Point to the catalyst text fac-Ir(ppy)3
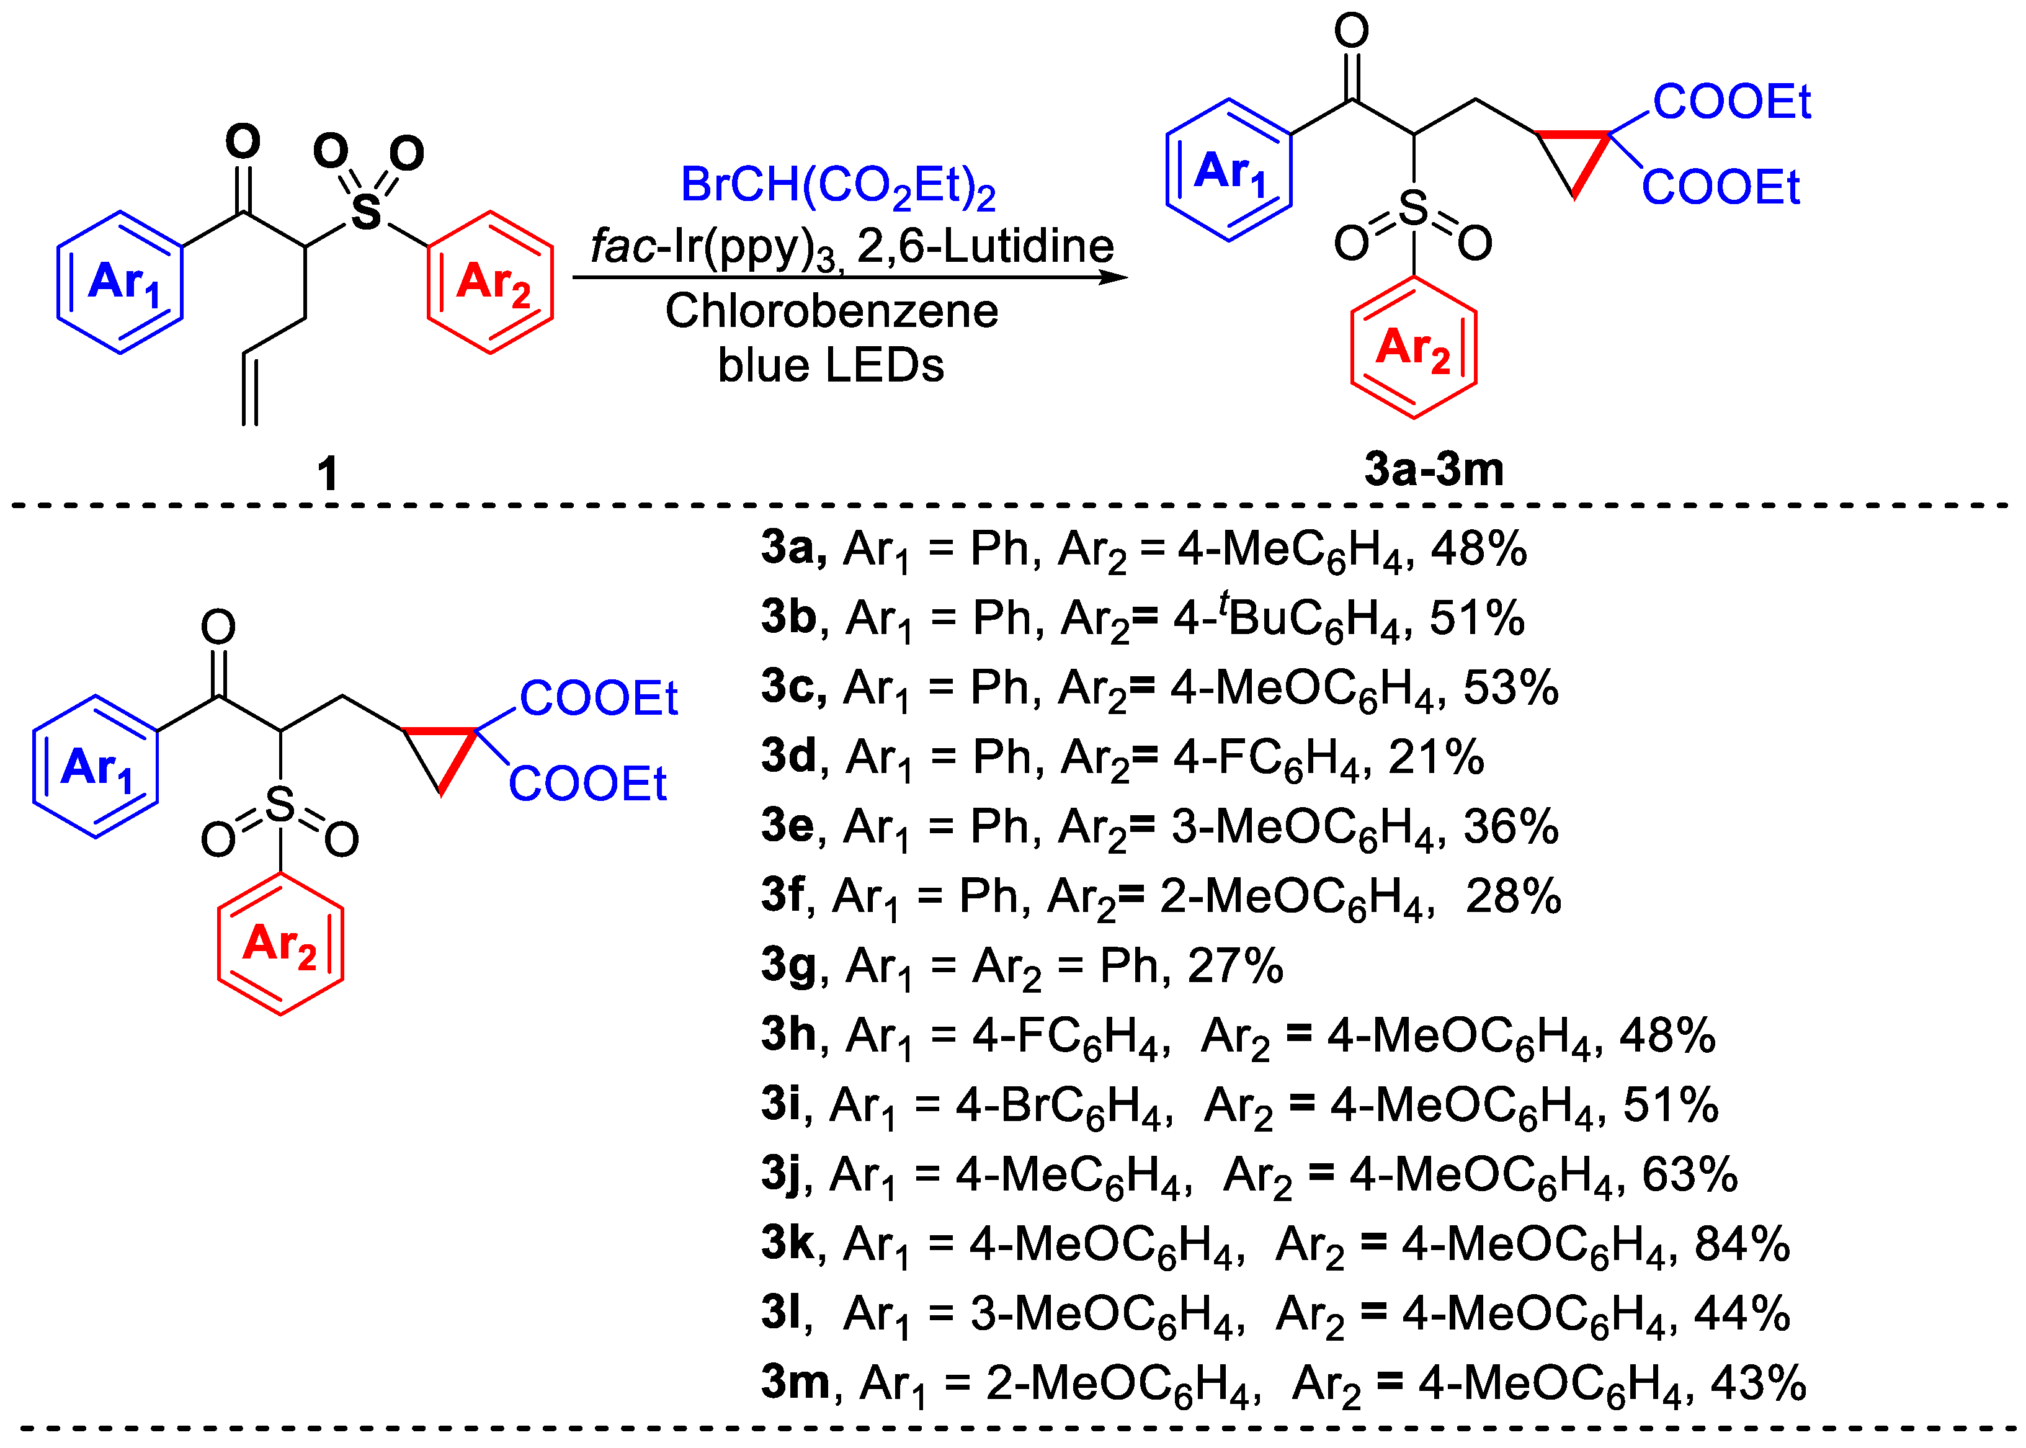pos(713,247)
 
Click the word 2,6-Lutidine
pos(985,246)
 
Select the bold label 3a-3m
pos(1434,469)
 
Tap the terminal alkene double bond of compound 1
pos(251,390)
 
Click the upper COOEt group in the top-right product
pos(1731,102)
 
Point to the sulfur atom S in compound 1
pos(365,212)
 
